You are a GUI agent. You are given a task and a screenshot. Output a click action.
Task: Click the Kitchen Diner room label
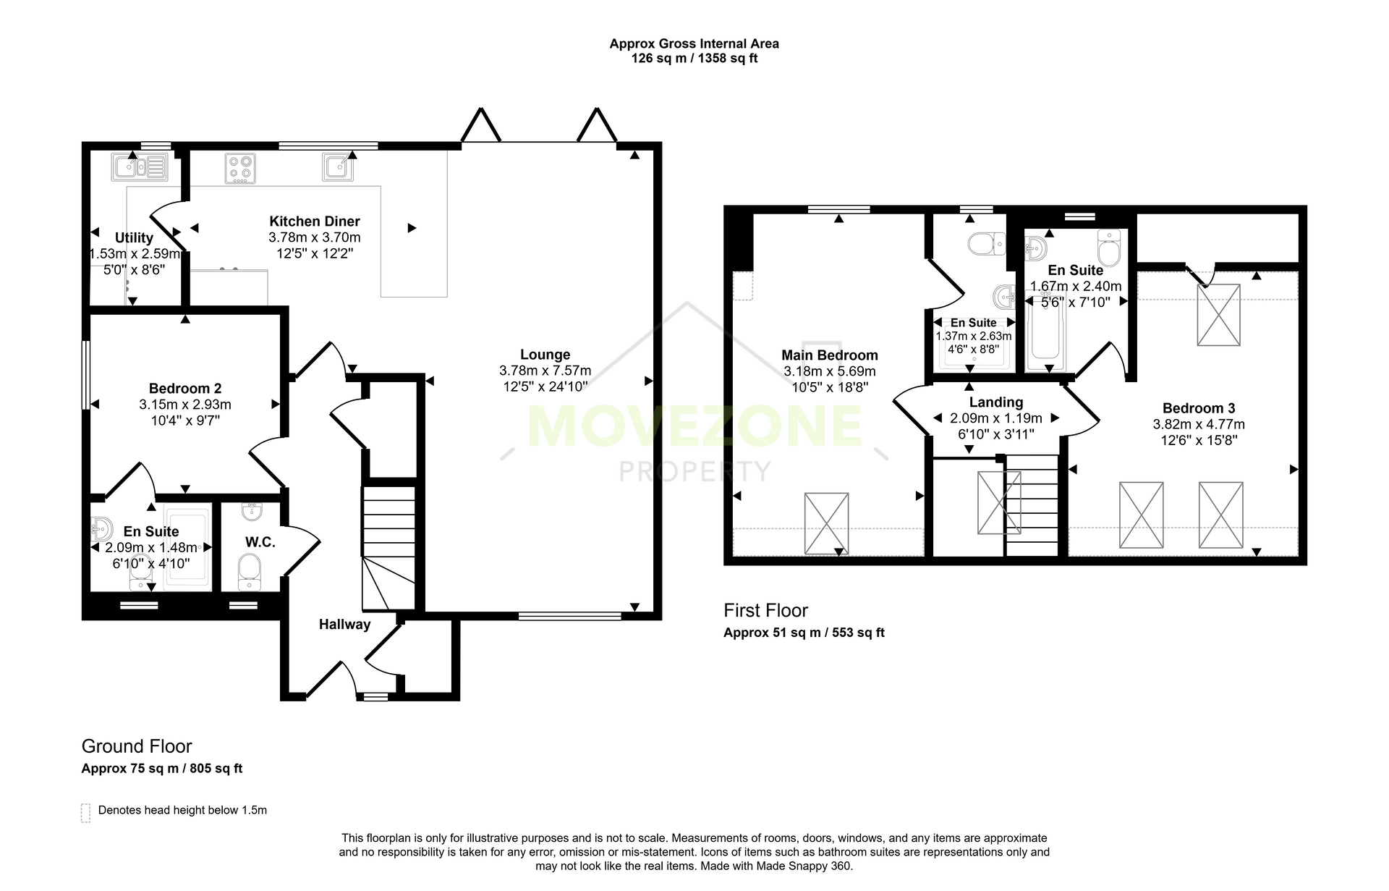315,221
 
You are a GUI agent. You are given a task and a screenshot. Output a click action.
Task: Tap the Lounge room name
545,355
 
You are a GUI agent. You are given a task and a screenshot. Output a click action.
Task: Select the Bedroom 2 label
185,389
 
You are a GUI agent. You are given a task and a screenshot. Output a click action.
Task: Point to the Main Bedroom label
830,355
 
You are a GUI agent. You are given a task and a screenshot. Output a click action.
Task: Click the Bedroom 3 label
1199,408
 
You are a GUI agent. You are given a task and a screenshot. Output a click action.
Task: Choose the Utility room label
134,238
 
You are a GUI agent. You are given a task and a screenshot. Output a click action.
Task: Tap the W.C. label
260,542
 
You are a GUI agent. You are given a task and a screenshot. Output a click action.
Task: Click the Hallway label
344,625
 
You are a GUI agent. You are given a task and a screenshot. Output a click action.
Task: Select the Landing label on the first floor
996,402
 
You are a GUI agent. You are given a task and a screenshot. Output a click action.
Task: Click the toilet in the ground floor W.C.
249,572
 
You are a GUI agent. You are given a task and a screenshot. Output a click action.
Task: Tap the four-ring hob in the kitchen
240,169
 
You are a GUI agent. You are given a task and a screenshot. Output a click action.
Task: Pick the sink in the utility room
140,167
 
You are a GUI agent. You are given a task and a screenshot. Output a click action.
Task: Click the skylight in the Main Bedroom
826,524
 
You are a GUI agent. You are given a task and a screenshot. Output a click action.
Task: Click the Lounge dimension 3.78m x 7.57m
545,371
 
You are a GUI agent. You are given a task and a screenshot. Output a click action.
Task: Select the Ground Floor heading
137,746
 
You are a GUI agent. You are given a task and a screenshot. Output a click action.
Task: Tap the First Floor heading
766,611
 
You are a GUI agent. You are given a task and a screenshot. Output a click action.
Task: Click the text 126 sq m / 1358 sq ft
694,59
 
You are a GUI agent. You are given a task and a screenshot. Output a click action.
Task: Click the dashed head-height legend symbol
86,813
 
